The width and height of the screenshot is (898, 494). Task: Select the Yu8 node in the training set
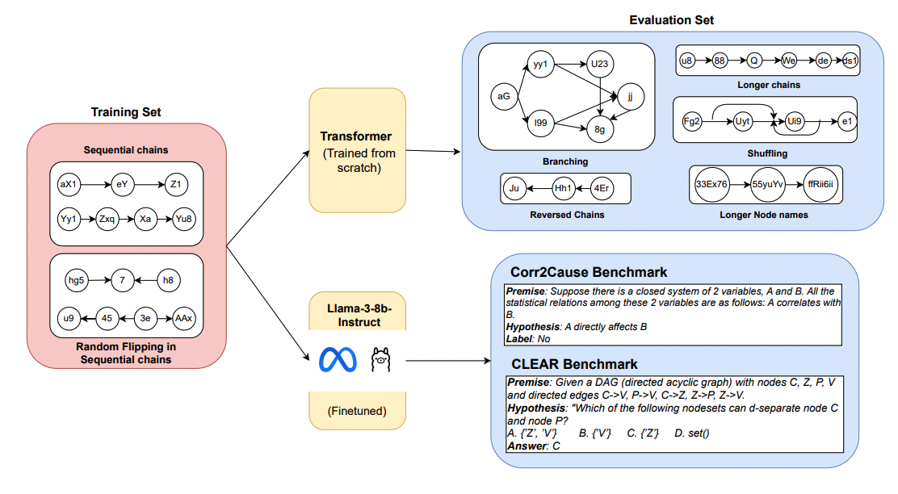click(x=184, y=219)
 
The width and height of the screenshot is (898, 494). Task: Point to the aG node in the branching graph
click(x=504, y=97)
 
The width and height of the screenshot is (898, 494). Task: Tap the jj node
click(x=630, y=96)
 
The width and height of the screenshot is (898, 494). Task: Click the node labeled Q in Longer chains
click(x=753, y=61)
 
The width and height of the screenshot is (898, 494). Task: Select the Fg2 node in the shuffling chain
click(x=692, y=122)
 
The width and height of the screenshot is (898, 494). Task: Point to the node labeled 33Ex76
click(x=711, y=184)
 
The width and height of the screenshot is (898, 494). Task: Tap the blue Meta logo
click(x=338, y=358)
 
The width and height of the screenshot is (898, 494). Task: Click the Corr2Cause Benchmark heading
click(x=589, y=271)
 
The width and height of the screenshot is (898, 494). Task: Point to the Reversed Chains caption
click(x=566, y=214)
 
